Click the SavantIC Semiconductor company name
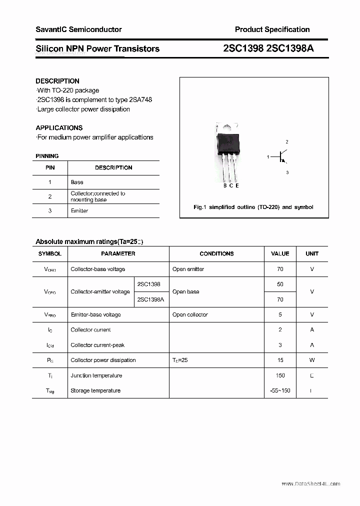pos(78,29)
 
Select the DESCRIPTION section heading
pos(57,81)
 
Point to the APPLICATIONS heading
pos(59,127)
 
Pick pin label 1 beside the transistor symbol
pos(268,157)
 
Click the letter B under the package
pos(225,185)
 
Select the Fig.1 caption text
pos(253,207)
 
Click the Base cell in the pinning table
pos(77,182)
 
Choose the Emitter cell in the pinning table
pos(79,210)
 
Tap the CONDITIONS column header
pos(216,253)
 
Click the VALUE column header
pos(280,253)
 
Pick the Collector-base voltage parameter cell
pos(98,269)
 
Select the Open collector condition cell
pos(190,314)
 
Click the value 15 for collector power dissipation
pos(280,360)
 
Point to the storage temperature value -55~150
pos(280,390)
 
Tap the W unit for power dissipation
pos(312,360)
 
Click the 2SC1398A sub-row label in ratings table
pos(150,299)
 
